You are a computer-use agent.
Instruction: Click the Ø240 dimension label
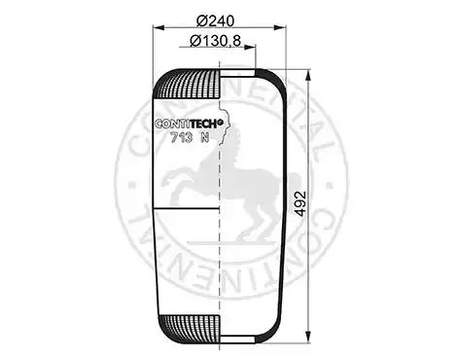[x=215, y=21]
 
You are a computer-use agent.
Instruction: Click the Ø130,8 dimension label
[x=215, y=41]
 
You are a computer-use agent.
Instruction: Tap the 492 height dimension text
[x=300, y=203]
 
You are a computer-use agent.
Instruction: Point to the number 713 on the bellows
[x=182, y=138]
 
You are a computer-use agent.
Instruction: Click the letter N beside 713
[x=204, y=138]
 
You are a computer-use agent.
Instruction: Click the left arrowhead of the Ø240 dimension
[x=159, y=27]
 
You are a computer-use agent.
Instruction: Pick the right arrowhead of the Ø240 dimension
[x=280, y=27]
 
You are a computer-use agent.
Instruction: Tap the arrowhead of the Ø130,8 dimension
[x=250, y=47]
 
